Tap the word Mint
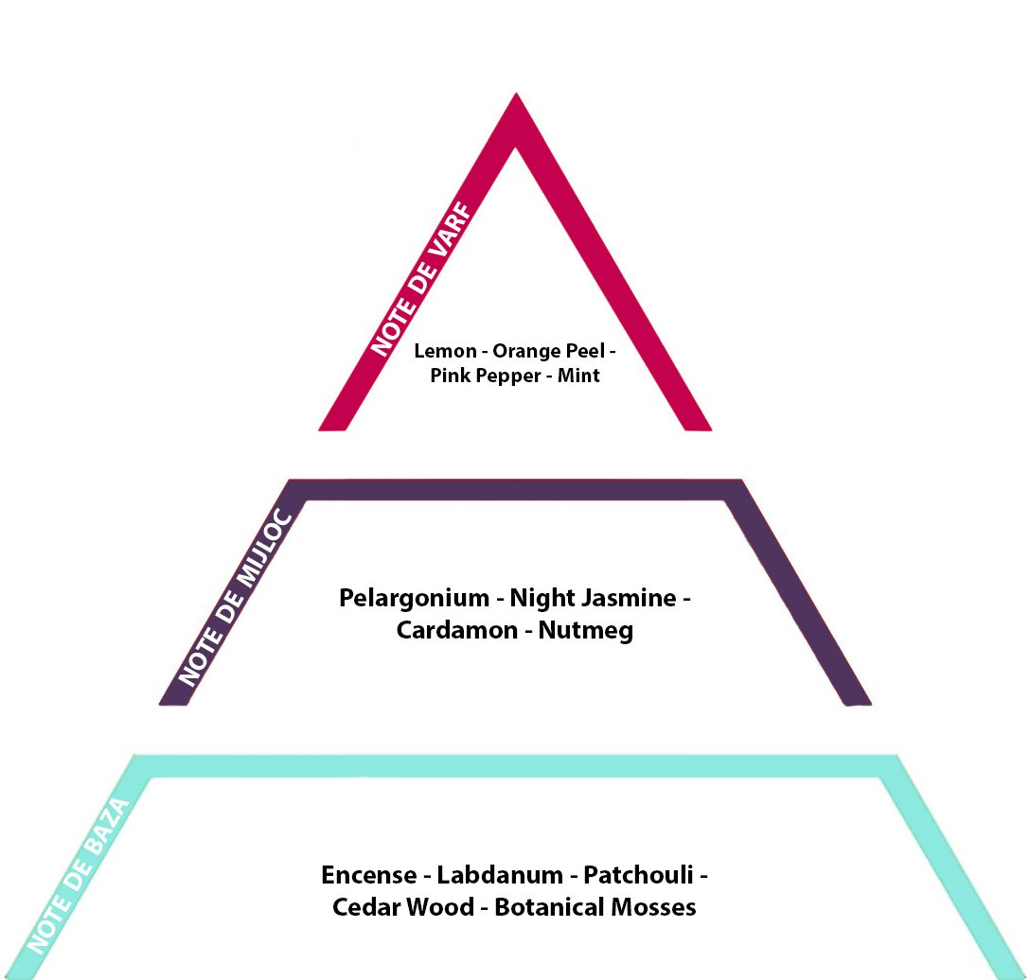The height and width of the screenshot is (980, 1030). [x=578, y=376]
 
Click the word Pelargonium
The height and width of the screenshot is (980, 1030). [x=414, y=599]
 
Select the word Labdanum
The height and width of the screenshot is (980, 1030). [x=497, y=874]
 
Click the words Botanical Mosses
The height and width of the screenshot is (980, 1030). [x=595, y=907]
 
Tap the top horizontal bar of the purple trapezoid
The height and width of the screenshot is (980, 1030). [x=516, y=490]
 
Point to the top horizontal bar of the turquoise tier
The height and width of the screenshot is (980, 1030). [x=516, y=765]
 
